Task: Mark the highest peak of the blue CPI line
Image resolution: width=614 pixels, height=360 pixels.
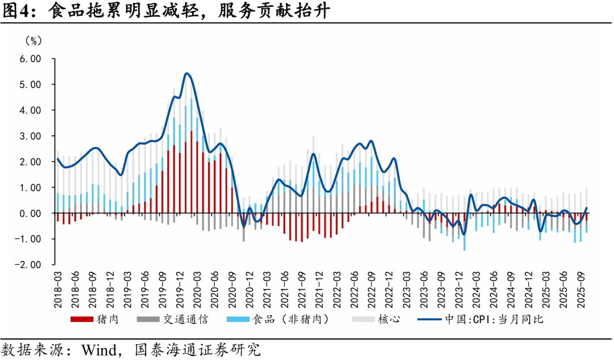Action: click(186, 73)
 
